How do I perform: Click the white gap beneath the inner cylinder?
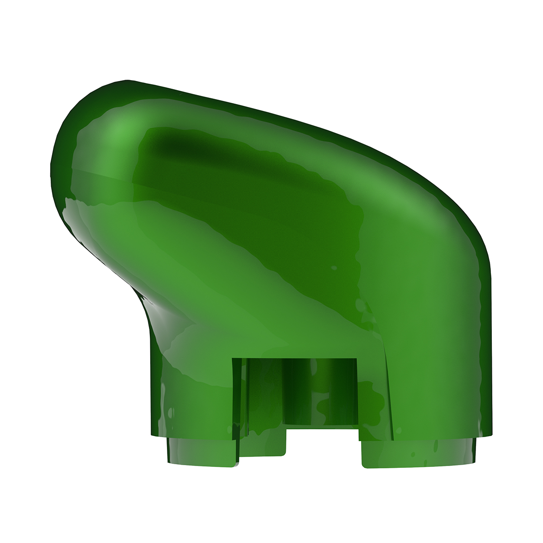tap(324, 446)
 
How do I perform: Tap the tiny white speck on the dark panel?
tap(334, 268)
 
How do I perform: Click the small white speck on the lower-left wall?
tap(170, 412)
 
